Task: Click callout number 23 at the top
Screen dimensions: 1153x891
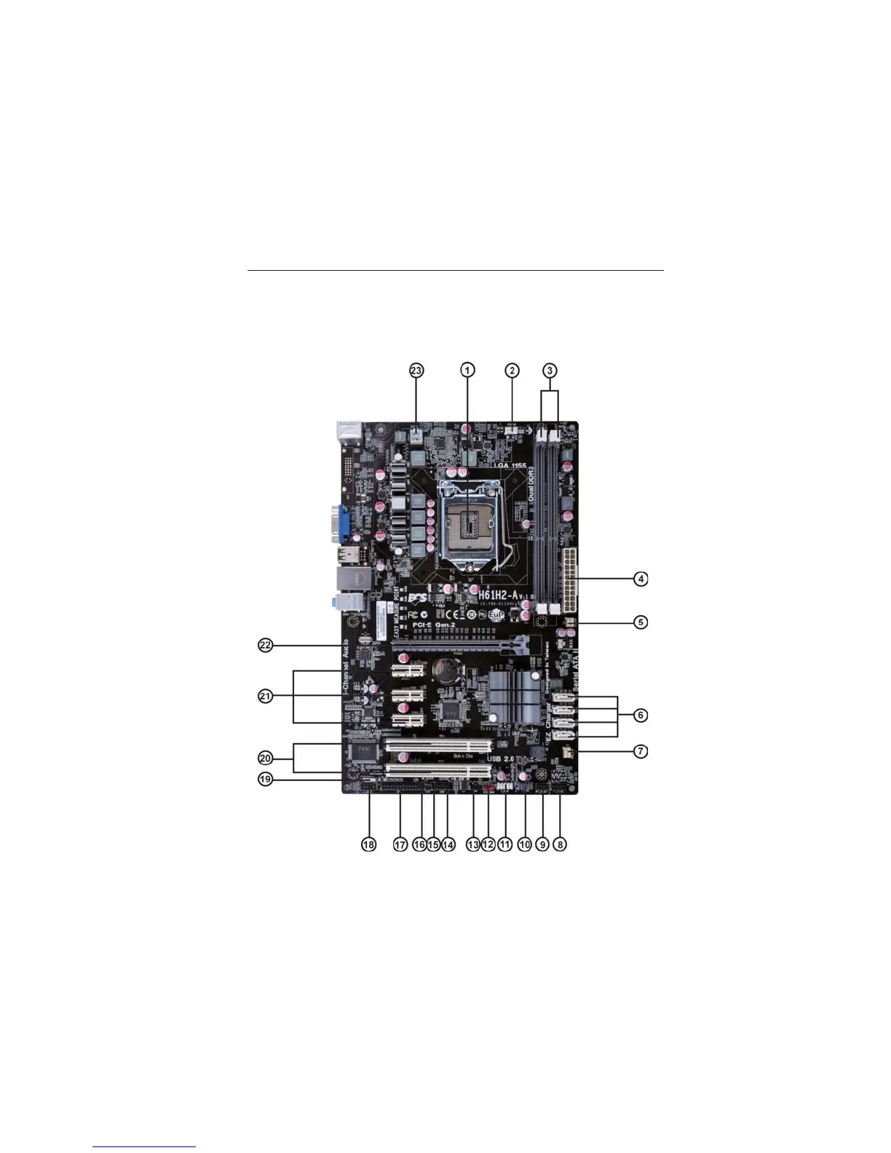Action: [x=416, y=370]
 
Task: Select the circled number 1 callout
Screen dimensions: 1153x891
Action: [x=467, y=370]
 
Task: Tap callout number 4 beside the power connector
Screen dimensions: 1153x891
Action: [x=640, y=579]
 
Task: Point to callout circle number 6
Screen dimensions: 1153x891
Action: [x=640, y=716]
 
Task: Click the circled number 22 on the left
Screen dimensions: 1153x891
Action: [x=266, y=645]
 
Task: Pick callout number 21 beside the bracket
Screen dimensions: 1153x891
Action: [x=266, y=697]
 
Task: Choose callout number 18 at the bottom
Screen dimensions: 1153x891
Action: [x=369, y=844]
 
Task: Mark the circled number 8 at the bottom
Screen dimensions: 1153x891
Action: [x=559, y=844]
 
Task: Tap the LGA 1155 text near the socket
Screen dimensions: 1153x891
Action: [x=510, y=465]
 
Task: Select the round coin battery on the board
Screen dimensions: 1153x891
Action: [x=445, y=670]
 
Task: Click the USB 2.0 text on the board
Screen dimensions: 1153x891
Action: [x=500, y=759]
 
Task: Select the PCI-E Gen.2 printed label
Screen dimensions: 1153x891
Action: [x=434, y=625]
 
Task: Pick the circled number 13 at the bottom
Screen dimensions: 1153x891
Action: [x=472, y=844]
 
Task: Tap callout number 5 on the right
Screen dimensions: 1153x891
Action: [x=640, y=622]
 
